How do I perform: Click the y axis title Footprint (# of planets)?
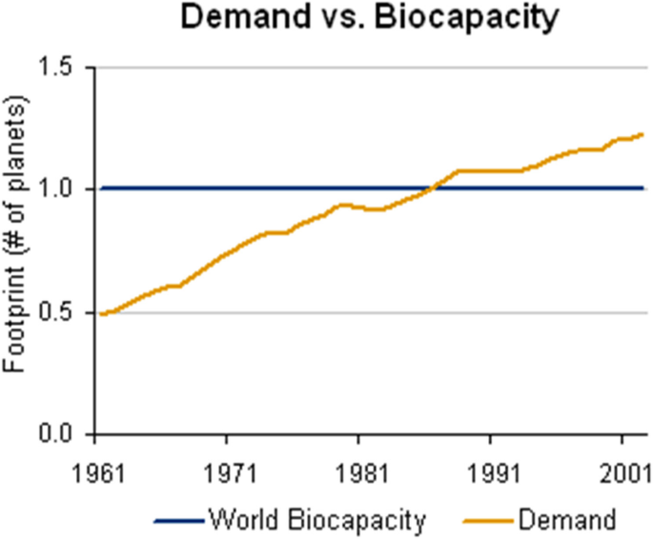pyautogui.click(x=19, y=250)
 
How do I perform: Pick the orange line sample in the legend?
pyautogui.click(x=488, y=520)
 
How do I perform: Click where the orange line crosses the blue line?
pyautogui.click(x=431, y=189)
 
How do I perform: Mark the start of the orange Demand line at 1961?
pyautogui.click(x=100, y=313)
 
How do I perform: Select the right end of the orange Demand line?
pyautogui.click(x=643, y=134)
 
